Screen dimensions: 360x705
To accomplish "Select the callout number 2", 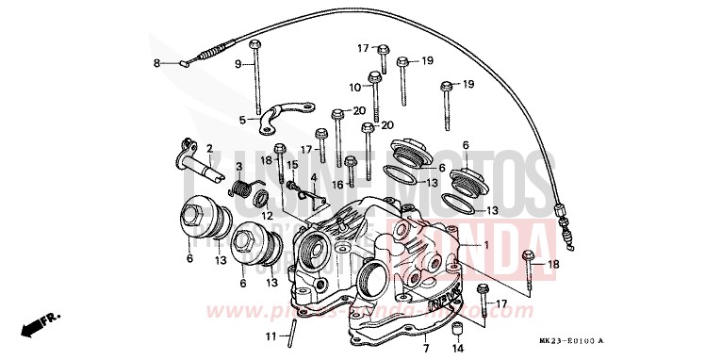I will tap(209, 149).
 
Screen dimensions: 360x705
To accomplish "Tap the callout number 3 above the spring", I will tap(238, 167).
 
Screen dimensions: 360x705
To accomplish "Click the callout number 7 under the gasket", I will tap(426, 336).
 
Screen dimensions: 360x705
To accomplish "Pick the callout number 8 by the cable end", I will tap(157, 63).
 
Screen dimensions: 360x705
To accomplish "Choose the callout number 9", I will tap(238, 63).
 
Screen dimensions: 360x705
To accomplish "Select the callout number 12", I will tap(268, 216).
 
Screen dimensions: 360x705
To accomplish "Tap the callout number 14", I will tap(458, 348).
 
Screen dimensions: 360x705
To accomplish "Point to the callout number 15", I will tap(292, 165).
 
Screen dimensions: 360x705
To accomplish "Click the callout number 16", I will tap(337, 185).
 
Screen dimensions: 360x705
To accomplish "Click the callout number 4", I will tap(313, 176).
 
